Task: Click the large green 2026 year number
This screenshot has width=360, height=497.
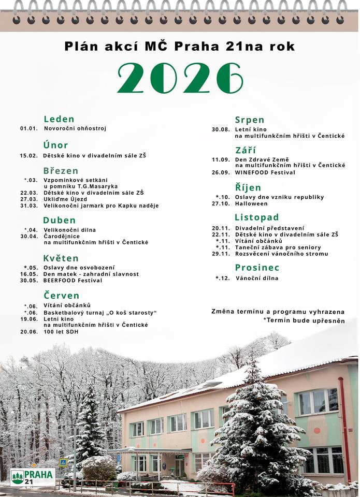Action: point(180,78)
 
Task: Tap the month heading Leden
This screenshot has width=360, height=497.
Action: point(59,119)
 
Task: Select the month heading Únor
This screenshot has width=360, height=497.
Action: point(55,145)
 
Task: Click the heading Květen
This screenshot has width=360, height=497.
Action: point(61,258)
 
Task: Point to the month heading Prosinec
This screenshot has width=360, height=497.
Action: point(257,268)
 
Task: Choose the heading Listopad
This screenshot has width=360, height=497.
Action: point(256,217)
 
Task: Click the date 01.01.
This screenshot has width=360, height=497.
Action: point(29,128)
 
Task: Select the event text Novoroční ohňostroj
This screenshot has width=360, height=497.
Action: point(75,128)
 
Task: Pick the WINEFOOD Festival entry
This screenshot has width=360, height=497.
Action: point(265,172)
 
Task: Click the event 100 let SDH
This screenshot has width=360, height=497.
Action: point(61,332)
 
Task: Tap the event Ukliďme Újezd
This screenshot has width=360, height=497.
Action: point(65,199)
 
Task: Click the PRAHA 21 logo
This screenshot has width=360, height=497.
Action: point(33,477)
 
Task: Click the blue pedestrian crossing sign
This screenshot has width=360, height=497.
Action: point(63,462)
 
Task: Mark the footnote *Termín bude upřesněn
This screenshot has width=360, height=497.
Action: point(304,321)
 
